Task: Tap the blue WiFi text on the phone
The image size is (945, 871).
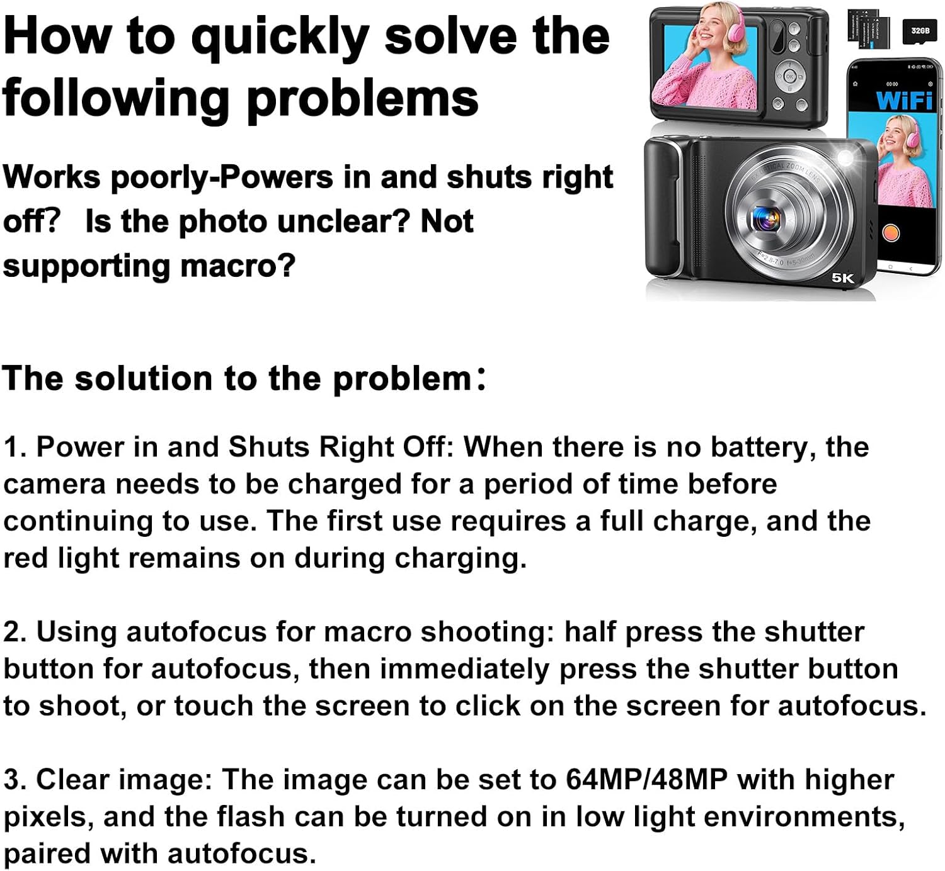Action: pyautogui.click(x=904, y=100)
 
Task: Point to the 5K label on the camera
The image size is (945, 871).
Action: pyautogui.click(x=843, y=278)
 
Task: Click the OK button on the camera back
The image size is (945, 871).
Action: pyautogui.click(x=789, y=76)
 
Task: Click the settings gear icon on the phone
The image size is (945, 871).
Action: pyautogui.click(x=931, y=84)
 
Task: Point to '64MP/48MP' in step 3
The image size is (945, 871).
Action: pyautogui.click(x=646, y=780)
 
